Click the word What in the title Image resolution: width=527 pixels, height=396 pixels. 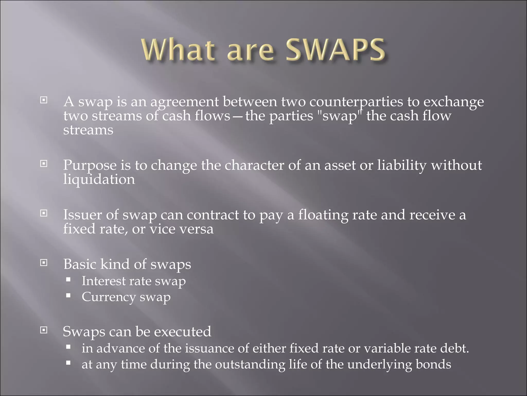pos(178,50)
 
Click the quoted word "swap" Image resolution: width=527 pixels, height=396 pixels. pos(339,116)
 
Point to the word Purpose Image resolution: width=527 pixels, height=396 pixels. pos(90,166)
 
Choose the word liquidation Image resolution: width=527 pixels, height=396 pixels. pos(99,179)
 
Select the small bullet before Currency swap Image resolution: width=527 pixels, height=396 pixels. pos(68,295)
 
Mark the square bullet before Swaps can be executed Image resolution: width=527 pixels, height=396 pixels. pos(44,330)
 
